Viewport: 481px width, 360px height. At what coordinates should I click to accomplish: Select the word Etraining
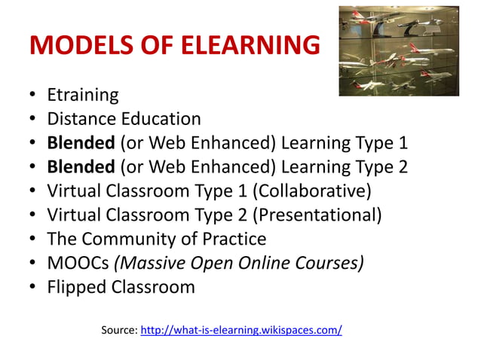[83, 95]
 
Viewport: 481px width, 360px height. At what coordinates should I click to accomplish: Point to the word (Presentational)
[317, 215]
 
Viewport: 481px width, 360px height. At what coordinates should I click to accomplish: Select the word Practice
[231, 239]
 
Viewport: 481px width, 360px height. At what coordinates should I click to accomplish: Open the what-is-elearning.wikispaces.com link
[241, 330]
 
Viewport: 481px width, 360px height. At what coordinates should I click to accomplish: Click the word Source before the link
[118, 330]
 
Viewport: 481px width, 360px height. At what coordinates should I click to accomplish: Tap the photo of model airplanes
[398, 50]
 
